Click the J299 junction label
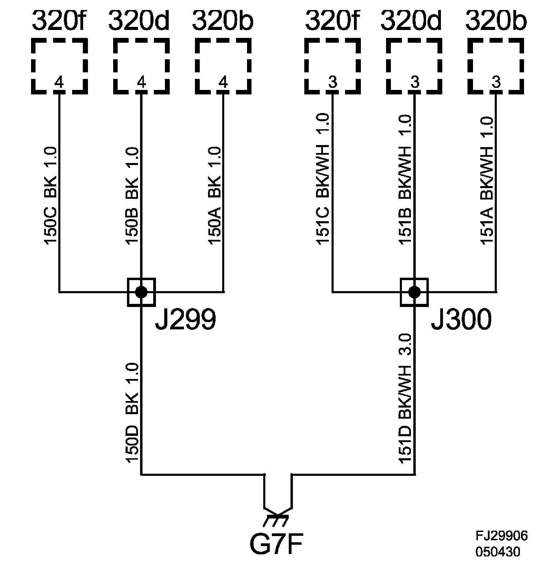pyautogui.click(x=185, y=320)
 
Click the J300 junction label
pyautogui.click(x=461, y=320)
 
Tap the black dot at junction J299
pyautogui.click(x=141, y=292)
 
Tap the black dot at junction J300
pyautogui.click(x=414, y=292)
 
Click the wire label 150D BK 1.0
pyautogui.click(x=132, y=412)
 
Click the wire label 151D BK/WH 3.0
pyautogui.click(x=405, y=398)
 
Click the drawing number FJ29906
pyautogui.click(x=502, y=536)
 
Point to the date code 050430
pyautogui.click(x=498, y=552)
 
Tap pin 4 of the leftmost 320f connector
pyautogui.click(x=59, y=83)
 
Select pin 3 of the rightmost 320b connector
pyautogui.click(x=496, y=83)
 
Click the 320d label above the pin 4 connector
pyautogui.click(x=139, y=21)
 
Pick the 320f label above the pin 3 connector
pyautogui.click(x=332, y=21)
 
